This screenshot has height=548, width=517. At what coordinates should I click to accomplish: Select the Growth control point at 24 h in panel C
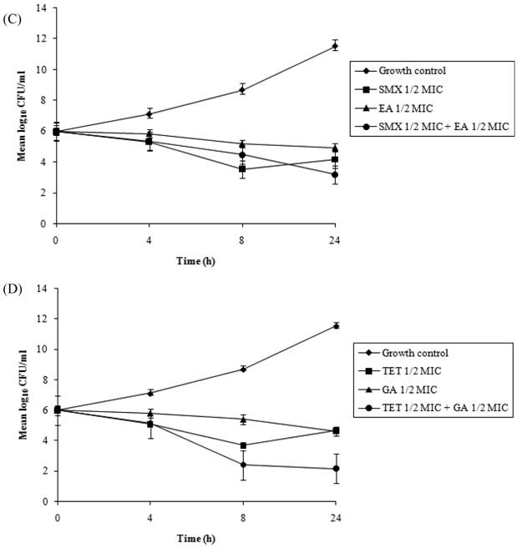point(335,46)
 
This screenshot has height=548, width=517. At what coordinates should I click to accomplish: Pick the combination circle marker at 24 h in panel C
point(335,175)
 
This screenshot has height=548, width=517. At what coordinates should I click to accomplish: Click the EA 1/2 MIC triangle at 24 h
point(335,148)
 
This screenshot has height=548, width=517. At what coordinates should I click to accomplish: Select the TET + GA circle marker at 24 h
point(335,469)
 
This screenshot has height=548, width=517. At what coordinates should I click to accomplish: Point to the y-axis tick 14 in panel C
point(39,9)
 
